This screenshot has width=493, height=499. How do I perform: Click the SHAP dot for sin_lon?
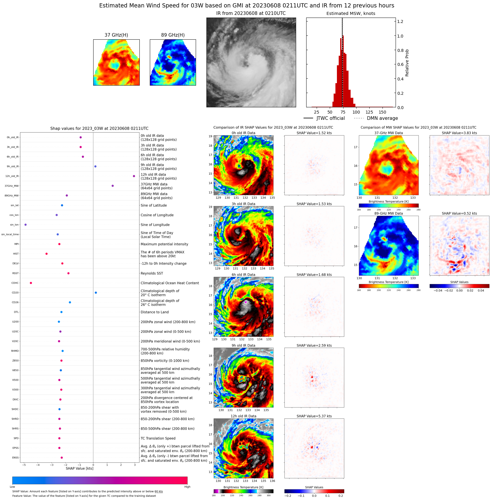[26, 225]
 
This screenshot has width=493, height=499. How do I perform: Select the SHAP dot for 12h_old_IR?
[134, 176]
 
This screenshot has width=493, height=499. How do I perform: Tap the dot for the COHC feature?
[31, 283]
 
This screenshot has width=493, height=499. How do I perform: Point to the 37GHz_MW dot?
[113, 186]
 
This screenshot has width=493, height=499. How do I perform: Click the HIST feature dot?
[46, 254]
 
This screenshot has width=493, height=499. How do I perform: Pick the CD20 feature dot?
[96, 293]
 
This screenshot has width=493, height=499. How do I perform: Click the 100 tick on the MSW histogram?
[356, 112]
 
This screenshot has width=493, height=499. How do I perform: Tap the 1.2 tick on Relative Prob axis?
[400, 21]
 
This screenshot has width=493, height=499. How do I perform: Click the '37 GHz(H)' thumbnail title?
[116, 35]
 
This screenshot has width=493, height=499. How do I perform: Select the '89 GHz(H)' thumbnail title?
[173, 35]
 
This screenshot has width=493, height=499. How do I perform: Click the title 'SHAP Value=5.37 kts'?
[314, 416]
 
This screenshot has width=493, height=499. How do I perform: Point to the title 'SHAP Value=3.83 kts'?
[459, 133]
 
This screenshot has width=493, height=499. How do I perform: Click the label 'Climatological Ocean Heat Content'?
[170, 283]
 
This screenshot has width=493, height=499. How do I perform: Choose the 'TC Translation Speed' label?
[158, 438]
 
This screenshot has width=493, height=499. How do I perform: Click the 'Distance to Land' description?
[155, 312]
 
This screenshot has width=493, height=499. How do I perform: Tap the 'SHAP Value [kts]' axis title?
[80, 469]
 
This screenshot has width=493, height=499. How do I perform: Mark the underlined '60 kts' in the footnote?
[158, 491]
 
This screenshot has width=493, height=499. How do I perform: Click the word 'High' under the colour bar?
[187, 487]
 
